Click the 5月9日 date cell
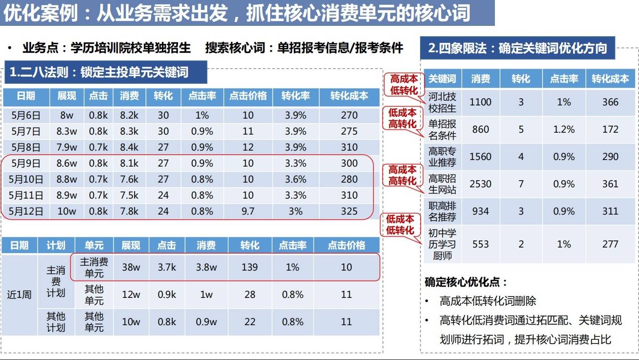[26, 163]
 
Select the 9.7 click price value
[248, 211]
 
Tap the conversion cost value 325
[349, 211]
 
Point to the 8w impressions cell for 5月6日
[67, 115]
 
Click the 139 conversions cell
[250, 267]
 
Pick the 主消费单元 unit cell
[94, 267]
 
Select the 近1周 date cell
[19, 295]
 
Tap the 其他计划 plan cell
[56, 322]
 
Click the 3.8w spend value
[206, 267]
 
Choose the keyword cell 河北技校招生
[442, 102]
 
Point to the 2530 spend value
[480, 184]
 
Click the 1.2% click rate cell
[564, 129]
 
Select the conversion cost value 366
[610, 102]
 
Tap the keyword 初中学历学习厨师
[442, 244]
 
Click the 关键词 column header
[442, 79]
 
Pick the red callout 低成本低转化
[400, 224]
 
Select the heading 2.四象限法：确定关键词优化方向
[517, 48]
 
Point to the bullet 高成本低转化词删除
[487, 301]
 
